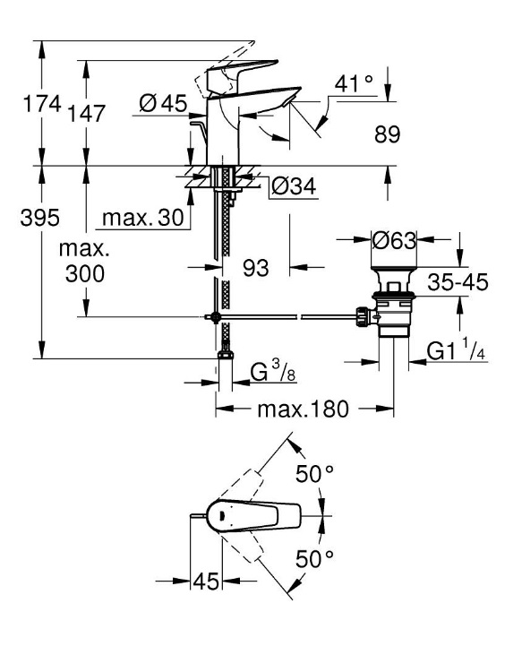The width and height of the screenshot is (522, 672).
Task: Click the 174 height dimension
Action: click(x=42, y=104)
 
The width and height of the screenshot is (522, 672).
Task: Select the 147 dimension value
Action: click(x=87, y=114)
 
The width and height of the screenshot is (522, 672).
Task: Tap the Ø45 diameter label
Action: click(x=164, y=103)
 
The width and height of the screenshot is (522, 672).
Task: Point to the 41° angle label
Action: click(x=354, y=83)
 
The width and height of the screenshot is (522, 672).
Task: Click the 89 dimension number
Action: click(x=387, y=134)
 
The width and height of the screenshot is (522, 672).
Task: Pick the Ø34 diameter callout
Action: click(x=295, y=186)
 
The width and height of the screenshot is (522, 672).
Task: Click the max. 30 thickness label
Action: click(x=143, y=218)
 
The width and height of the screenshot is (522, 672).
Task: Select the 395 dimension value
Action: click(x=39, y=218)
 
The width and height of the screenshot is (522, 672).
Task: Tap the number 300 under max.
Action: click(x=85, y=273)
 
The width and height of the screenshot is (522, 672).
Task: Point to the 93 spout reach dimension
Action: click(x=256, y=268)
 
